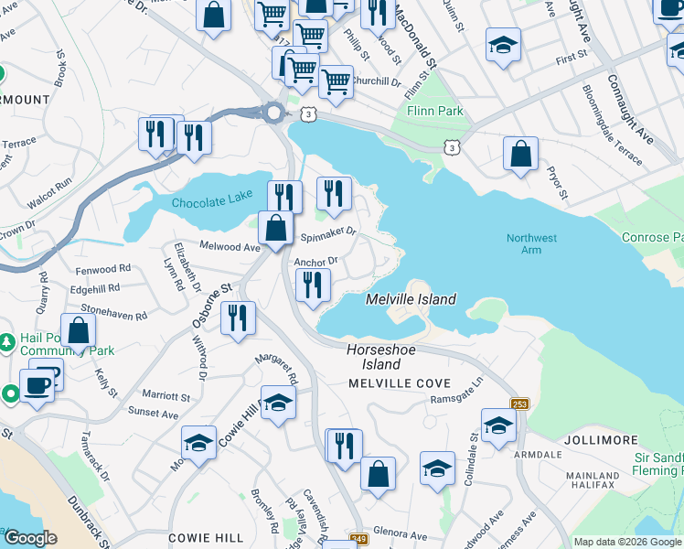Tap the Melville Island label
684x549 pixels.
coord(411,299)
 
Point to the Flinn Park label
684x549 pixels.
coord(435,112)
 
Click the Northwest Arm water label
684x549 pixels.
coord(531,244)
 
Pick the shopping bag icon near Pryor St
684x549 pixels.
coord(520,155)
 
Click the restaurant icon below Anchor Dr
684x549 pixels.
coord(313,286)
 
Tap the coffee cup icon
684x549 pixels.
coord(37,385)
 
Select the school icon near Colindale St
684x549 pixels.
coord(498,425)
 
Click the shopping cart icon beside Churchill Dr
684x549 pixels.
coord(336,82)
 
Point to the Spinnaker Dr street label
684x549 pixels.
coord(327,235)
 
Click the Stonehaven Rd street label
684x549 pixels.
coord(114,314)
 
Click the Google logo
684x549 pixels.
coord(30,538)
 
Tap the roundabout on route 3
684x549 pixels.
coord(273,113)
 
